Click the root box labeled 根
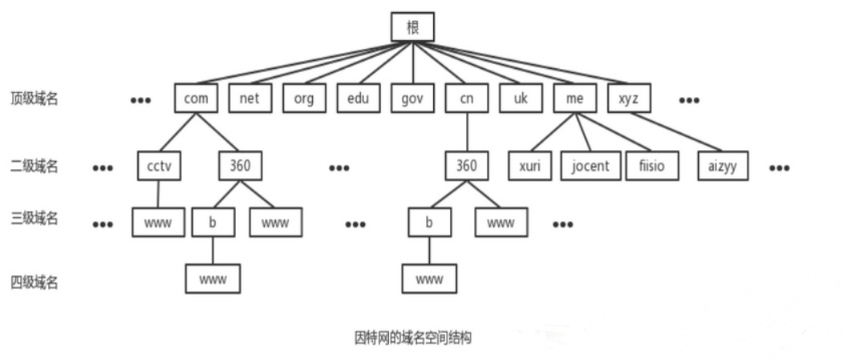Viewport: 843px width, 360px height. pyautogui.click(x=412, y=27)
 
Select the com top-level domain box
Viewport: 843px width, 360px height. pyautogui.click(x=196, y=99)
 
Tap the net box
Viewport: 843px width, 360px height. pyautogui.click(x=249, y=99)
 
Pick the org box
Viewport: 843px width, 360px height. pyautogui.click(x=304, y=99)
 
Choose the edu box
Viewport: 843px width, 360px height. pyautogui.click(x=358, y=99)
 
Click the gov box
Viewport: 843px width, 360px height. pyautogui.click(x=412, y=99)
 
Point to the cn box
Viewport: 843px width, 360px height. pyautogui.click(x=467, y=99)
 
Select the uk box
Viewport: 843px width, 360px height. pyautogui.click(x=521, y=99)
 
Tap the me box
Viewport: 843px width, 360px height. pyautogui.click(x=575, y=99)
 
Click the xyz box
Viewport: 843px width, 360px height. pyautogui.click(x=629, y=99)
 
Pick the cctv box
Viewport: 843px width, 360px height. pyautogui.click(x=159, y=166)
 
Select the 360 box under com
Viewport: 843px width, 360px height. pyautogui.click(x=241, y=166)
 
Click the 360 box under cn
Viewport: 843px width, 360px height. pyautogui.click(x=467, y=166)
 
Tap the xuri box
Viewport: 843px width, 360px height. pyautogui.click(x=530, y=166)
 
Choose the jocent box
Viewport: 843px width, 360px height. pyautogui.click(x=590, y=166)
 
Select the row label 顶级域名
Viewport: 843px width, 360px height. pyautogui.click(x=34, y=99)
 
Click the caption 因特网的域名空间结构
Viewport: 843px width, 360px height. pyautogui.click(x=412, y=338)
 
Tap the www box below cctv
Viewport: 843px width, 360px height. pyautogui.click(x=158, y=222)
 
